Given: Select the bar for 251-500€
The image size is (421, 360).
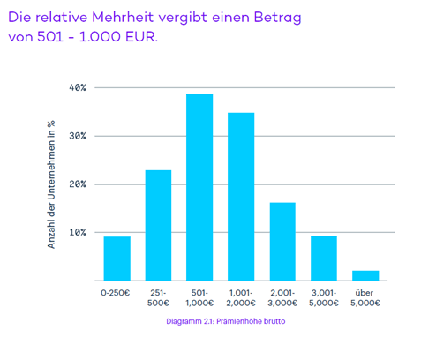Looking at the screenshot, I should [x=158, y=225].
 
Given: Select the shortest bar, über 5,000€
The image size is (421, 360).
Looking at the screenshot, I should [x=365, y=275].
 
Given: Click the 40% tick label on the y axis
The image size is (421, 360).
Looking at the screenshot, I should [x=77, y=88].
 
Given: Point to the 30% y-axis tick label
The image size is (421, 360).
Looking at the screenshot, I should [x=77, y=137].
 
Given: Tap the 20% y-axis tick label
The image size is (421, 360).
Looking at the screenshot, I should [x=77, y=184].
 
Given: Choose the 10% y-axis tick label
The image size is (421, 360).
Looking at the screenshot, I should [x=77, y=233].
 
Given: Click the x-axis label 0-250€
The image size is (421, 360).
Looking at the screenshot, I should [x=117, y=292].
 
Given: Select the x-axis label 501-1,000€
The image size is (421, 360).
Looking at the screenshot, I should [x=199, y=297].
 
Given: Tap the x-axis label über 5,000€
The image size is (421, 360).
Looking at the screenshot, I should [x=365, y=297].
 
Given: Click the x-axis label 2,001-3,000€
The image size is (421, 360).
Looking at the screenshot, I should [x=282, y=297].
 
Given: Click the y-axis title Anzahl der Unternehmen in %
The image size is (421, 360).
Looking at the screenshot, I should [x=52, y=184].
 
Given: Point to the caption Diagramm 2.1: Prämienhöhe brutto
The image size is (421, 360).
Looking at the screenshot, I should [x=225, y=322].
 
